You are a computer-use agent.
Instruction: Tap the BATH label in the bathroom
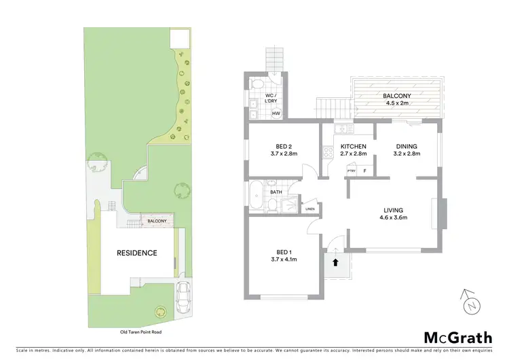tap(276, 192)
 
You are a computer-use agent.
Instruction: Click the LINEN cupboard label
tap(310, 209)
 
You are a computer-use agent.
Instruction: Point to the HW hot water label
tap(276, 113)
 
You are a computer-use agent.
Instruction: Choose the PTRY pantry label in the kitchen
tap(352, 171)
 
